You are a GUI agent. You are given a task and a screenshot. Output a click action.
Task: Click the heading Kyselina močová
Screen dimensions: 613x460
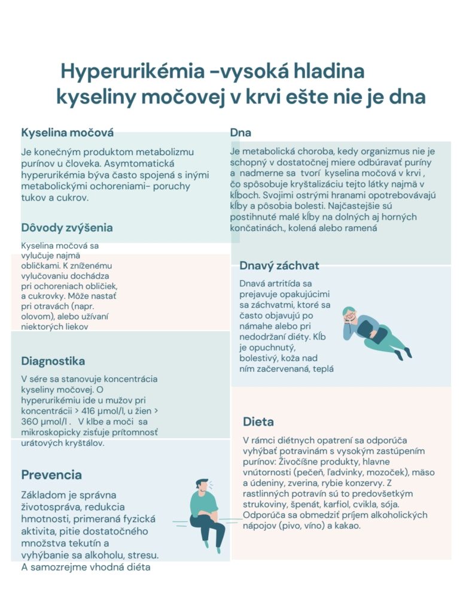click(x=67, y=132)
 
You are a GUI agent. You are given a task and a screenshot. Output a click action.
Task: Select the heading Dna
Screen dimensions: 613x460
click(x=240, y=132)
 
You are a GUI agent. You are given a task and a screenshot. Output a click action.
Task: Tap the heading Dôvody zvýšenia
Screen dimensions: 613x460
click(x=67, y=227)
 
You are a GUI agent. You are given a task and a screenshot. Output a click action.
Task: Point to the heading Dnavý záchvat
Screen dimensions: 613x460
click(x=279, y=265)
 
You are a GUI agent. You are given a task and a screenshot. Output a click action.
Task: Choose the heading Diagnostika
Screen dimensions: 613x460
click(x=53, y=361)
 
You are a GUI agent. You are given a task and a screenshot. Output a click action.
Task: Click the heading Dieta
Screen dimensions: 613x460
click(x=258, y=421)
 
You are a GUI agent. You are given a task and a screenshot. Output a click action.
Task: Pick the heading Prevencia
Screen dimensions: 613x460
click(x=51, y=475)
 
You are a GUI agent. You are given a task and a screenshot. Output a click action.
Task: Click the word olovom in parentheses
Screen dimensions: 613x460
click(x=35, y=316)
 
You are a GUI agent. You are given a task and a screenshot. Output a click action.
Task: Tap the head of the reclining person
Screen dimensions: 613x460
click(x=349, y=315)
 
